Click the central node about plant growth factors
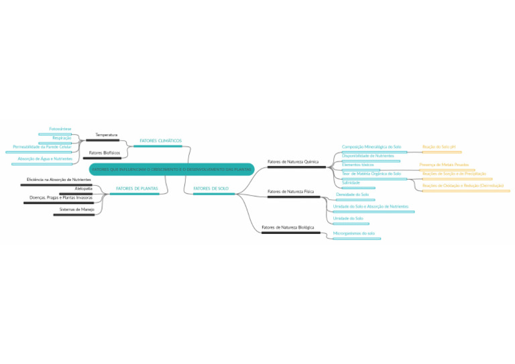click(172, 170)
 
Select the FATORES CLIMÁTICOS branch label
click(160, 141)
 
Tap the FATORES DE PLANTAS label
click(137, 188)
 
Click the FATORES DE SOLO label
click(211, 188)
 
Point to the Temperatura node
click(106, 135)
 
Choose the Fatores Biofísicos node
click(104, 153)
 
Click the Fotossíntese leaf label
click(60, 128)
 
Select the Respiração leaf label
click(62, 137)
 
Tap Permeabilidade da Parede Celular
click(42, 146)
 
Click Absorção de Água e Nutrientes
click(45, 158)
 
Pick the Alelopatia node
click(84, 188)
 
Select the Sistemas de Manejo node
click(76, 209)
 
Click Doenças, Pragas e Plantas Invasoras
click(61, 198)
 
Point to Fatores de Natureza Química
click(293, 162)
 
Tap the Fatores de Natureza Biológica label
click(288, 228)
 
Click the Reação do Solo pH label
click(439, 146)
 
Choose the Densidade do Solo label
click(352, 194)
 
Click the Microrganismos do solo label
click(353, 233)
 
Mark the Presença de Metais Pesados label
click(444, 164)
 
